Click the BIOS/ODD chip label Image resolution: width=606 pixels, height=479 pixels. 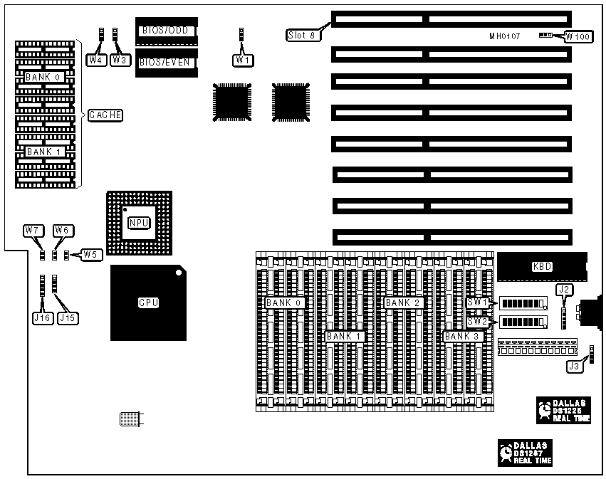[x=164, y=31]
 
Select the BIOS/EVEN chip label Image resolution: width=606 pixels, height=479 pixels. [x=164, y=62]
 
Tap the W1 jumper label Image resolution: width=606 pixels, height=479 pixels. [x=243, y=60]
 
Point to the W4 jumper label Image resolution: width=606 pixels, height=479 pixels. [x=96, y=60]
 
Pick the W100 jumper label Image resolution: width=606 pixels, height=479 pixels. [x=578, y=36]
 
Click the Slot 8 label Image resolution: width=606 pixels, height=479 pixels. [x=302, y=34]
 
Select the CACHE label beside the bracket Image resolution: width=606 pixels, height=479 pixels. [x=105, y=115]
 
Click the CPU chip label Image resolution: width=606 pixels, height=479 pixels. [x=148, y=302]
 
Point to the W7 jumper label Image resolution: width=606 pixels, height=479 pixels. [x=32, y=230]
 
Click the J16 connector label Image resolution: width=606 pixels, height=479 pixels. [x=41, y=319]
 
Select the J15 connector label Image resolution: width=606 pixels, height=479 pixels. [x=66, y=319]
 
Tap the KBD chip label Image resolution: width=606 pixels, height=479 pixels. [x=542, y=267]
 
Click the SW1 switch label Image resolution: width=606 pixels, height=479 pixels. [x=477, y=302]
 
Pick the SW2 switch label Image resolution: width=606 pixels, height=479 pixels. [x=477, y=321]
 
